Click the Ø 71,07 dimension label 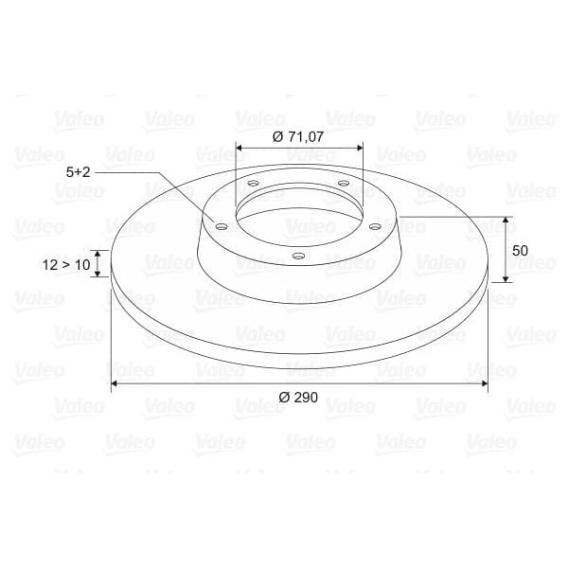[x=298, y=136]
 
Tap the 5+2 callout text [x=79, y=172]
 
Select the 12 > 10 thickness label [x=66, y=265]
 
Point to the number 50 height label [x=519, y=251]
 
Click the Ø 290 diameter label [x=299, y=398]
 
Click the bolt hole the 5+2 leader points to [x=221, y=226]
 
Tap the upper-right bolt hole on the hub [x=343, y=183]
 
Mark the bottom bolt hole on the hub [x=297, y=256]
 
